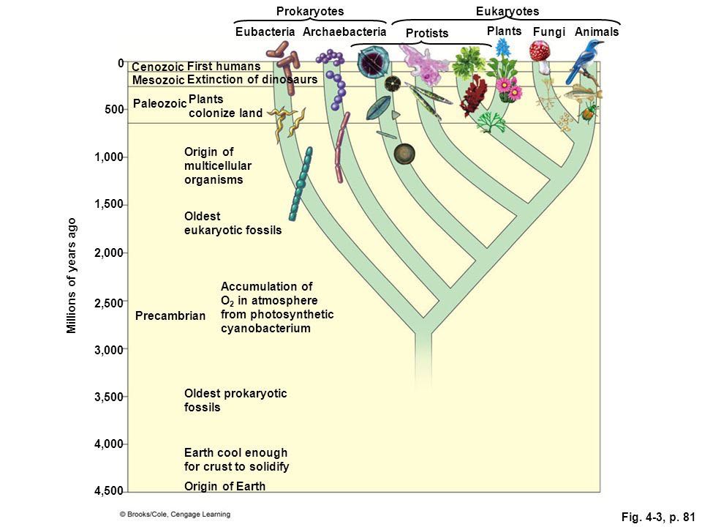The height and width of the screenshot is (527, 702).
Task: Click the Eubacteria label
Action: [265, 31]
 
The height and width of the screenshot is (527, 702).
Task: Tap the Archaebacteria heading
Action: [344, 31]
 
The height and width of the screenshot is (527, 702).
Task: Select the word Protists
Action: [426, 33]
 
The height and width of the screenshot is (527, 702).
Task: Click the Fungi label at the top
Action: [549, 32]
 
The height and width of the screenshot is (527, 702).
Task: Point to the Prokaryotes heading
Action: [310, 11]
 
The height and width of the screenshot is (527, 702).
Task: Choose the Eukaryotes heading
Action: [507, 11]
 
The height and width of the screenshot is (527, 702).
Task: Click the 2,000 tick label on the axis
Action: [108, 253]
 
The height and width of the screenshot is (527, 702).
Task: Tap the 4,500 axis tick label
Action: [108, 491]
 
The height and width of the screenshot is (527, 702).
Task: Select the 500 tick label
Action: [114, 109]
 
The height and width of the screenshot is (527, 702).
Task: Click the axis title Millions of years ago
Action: [71, 276]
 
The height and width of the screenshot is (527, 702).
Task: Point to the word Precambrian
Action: [170, 316]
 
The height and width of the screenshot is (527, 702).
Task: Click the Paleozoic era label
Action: [159, 103]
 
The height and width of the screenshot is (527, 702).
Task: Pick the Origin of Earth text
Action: [224, 486]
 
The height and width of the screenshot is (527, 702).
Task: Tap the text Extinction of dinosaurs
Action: [252, 80]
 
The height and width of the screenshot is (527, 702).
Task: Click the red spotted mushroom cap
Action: [540, 51]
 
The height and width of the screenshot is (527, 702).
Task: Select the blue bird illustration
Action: [584, 61]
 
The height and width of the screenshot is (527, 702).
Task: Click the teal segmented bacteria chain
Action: [301, 184]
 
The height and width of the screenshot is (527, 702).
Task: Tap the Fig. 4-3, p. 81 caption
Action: [657, 517]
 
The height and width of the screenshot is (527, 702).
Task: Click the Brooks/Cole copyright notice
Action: [175, 515]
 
